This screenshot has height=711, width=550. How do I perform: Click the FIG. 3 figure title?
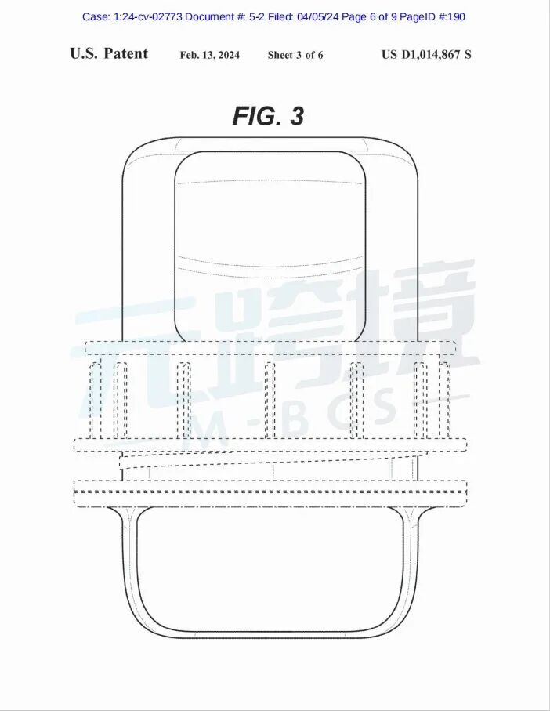(x=268, y=116)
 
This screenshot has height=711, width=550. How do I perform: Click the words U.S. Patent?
(x=109, y=53)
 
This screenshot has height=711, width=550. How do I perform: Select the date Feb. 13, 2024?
(x=210, y=55)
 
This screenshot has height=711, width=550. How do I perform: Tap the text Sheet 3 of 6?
(x=295, y=55)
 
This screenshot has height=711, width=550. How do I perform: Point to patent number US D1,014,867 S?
(x=426, y=54)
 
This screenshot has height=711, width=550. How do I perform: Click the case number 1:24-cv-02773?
(x=148, y=16)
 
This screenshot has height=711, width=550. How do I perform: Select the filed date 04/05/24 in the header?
(x=318, y=16)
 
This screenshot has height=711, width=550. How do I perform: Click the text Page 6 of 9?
(x=369, y=16)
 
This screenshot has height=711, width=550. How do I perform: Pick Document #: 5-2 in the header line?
(x=225, y=16)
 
